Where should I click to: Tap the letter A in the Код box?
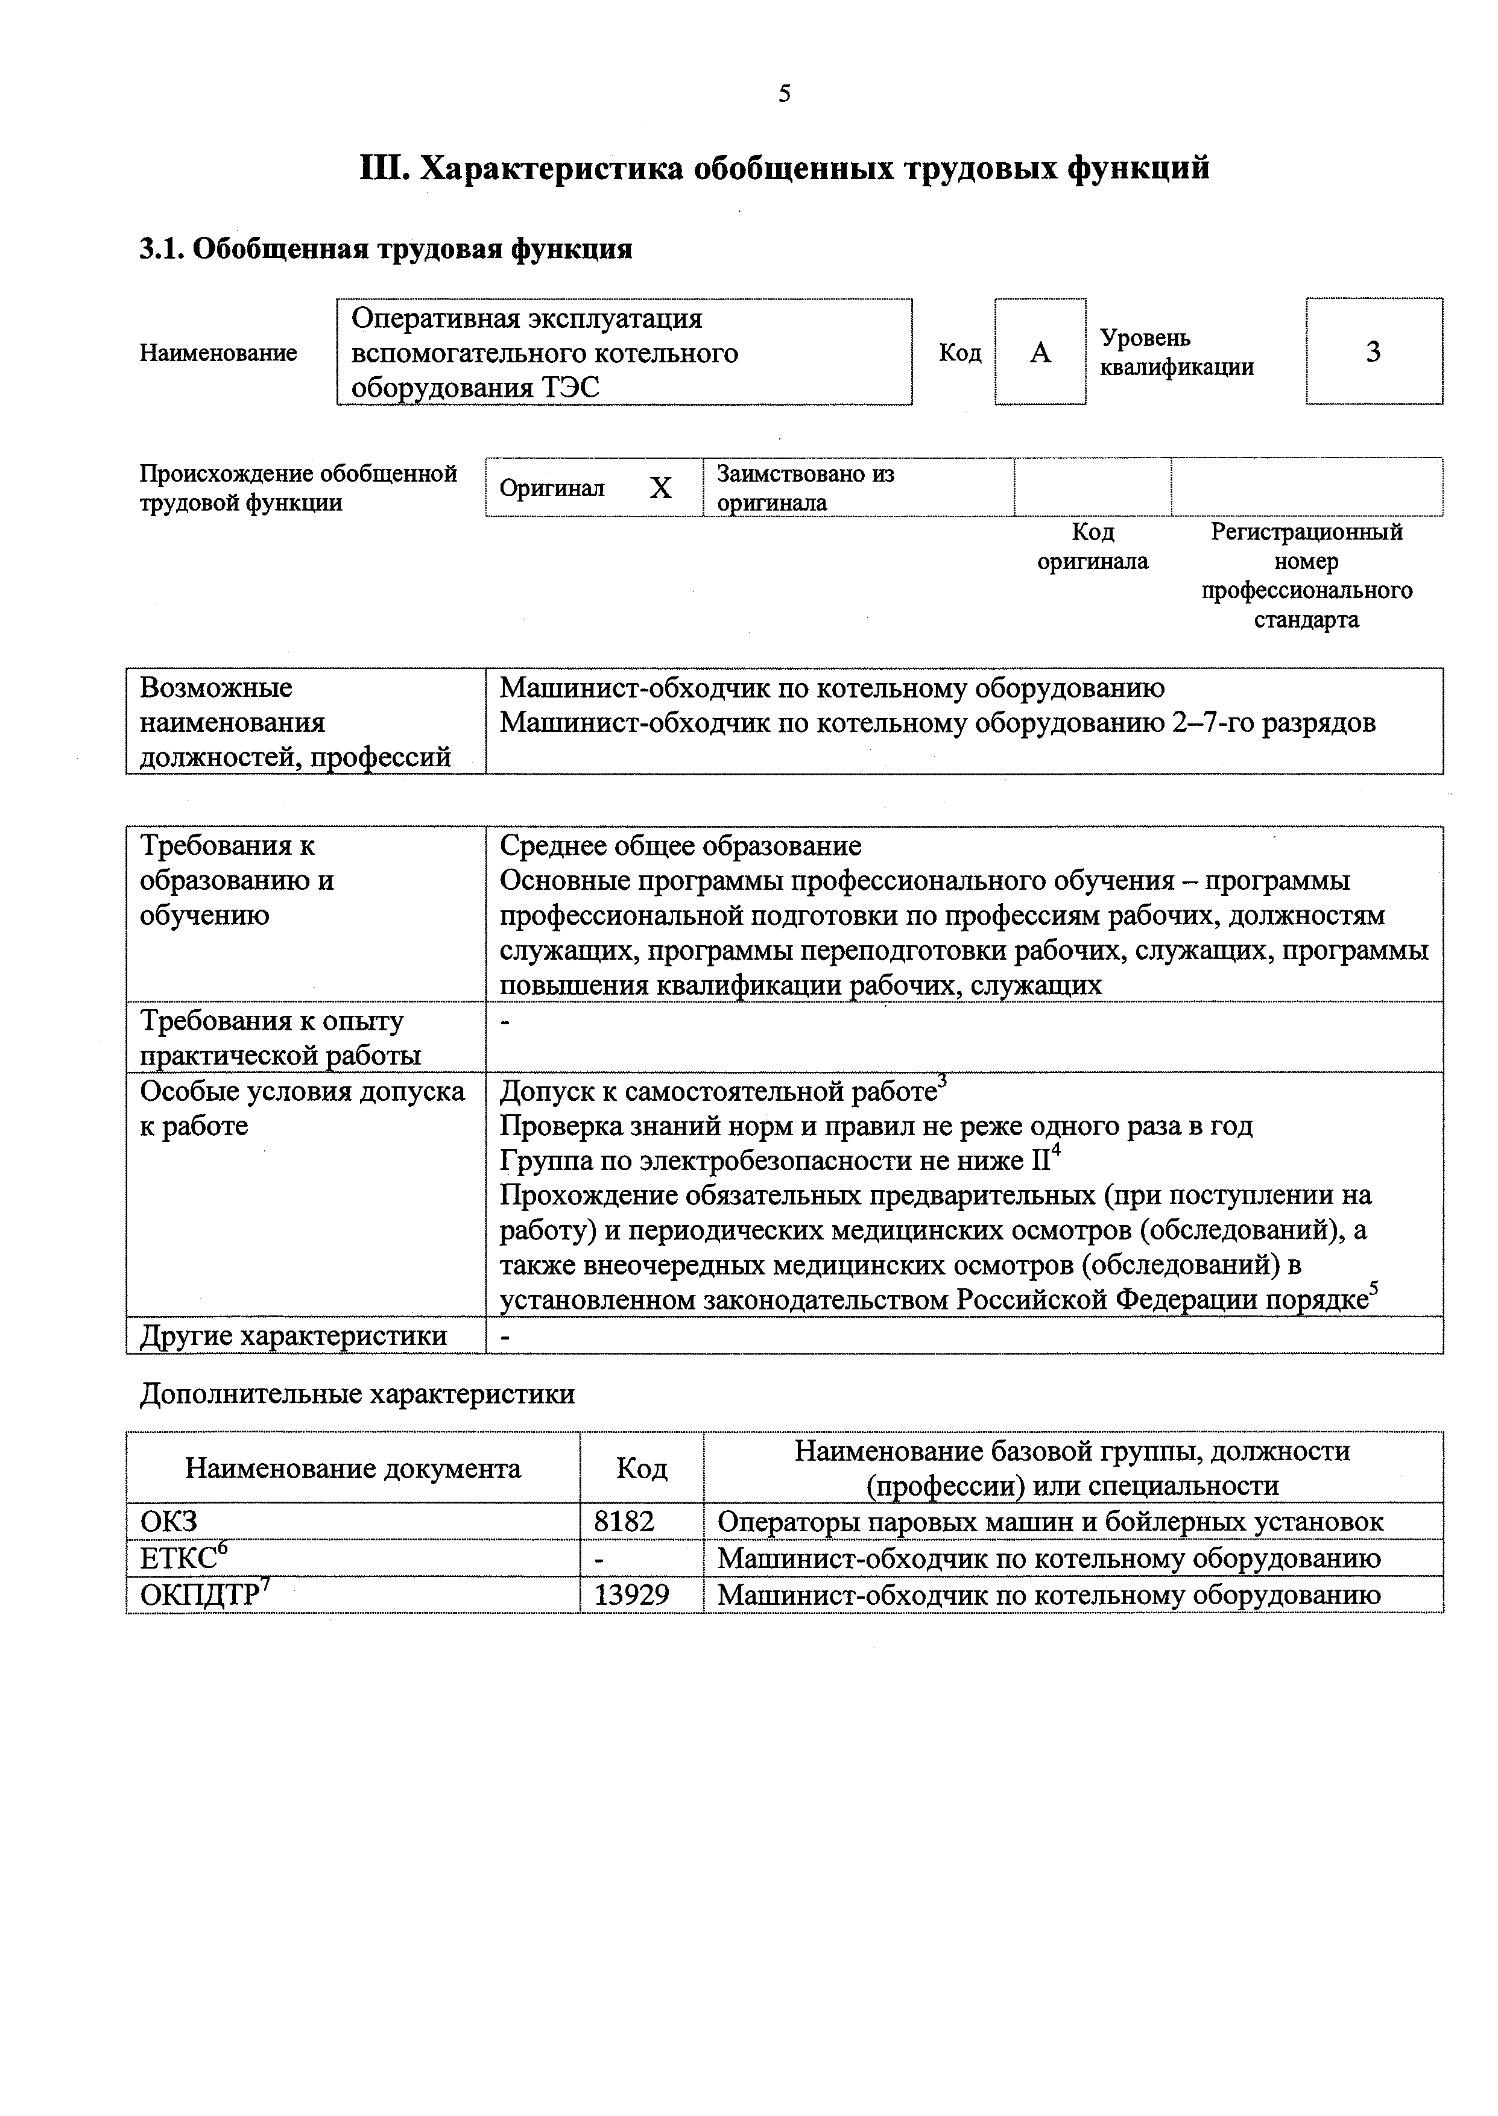click(1040, 352)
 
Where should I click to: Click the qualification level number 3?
click(1374, 351)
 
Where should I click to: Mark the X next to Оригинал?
click(660, 488)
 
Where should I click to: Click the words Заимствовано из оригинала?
click(804, 488)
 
